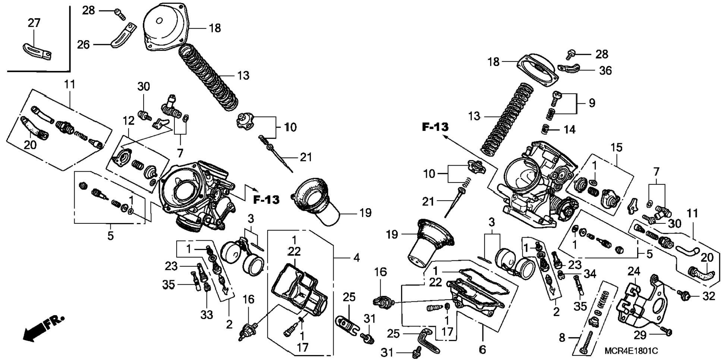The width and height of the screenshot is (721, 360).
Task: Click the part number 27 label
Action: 34,23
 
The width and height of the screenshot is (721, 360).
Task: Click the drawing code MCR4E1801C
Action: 631,351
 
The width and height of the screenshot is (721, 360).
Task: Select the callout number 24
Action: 634,271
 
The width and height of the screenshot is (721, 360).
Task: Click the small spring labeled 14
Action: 545,129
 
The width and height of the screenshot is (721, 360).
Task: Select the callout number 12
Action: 128,121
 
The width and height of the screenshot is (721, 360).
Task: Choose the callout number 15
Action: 616,148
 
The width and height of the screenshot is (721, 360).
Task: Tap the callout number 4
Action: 356,257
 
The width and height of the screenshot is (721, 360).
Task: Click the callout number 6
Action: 482,350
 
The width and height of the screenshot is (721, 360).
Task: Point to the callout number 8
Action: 562,338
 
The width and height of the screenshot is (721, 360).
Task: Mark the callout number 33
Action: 207,315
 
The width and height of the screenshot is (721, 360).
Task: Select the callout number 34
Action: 590,274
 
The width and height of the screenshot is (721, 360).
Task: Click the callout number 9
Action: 592,103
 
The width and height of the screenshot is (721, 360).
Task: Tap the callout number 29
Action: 640,335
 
